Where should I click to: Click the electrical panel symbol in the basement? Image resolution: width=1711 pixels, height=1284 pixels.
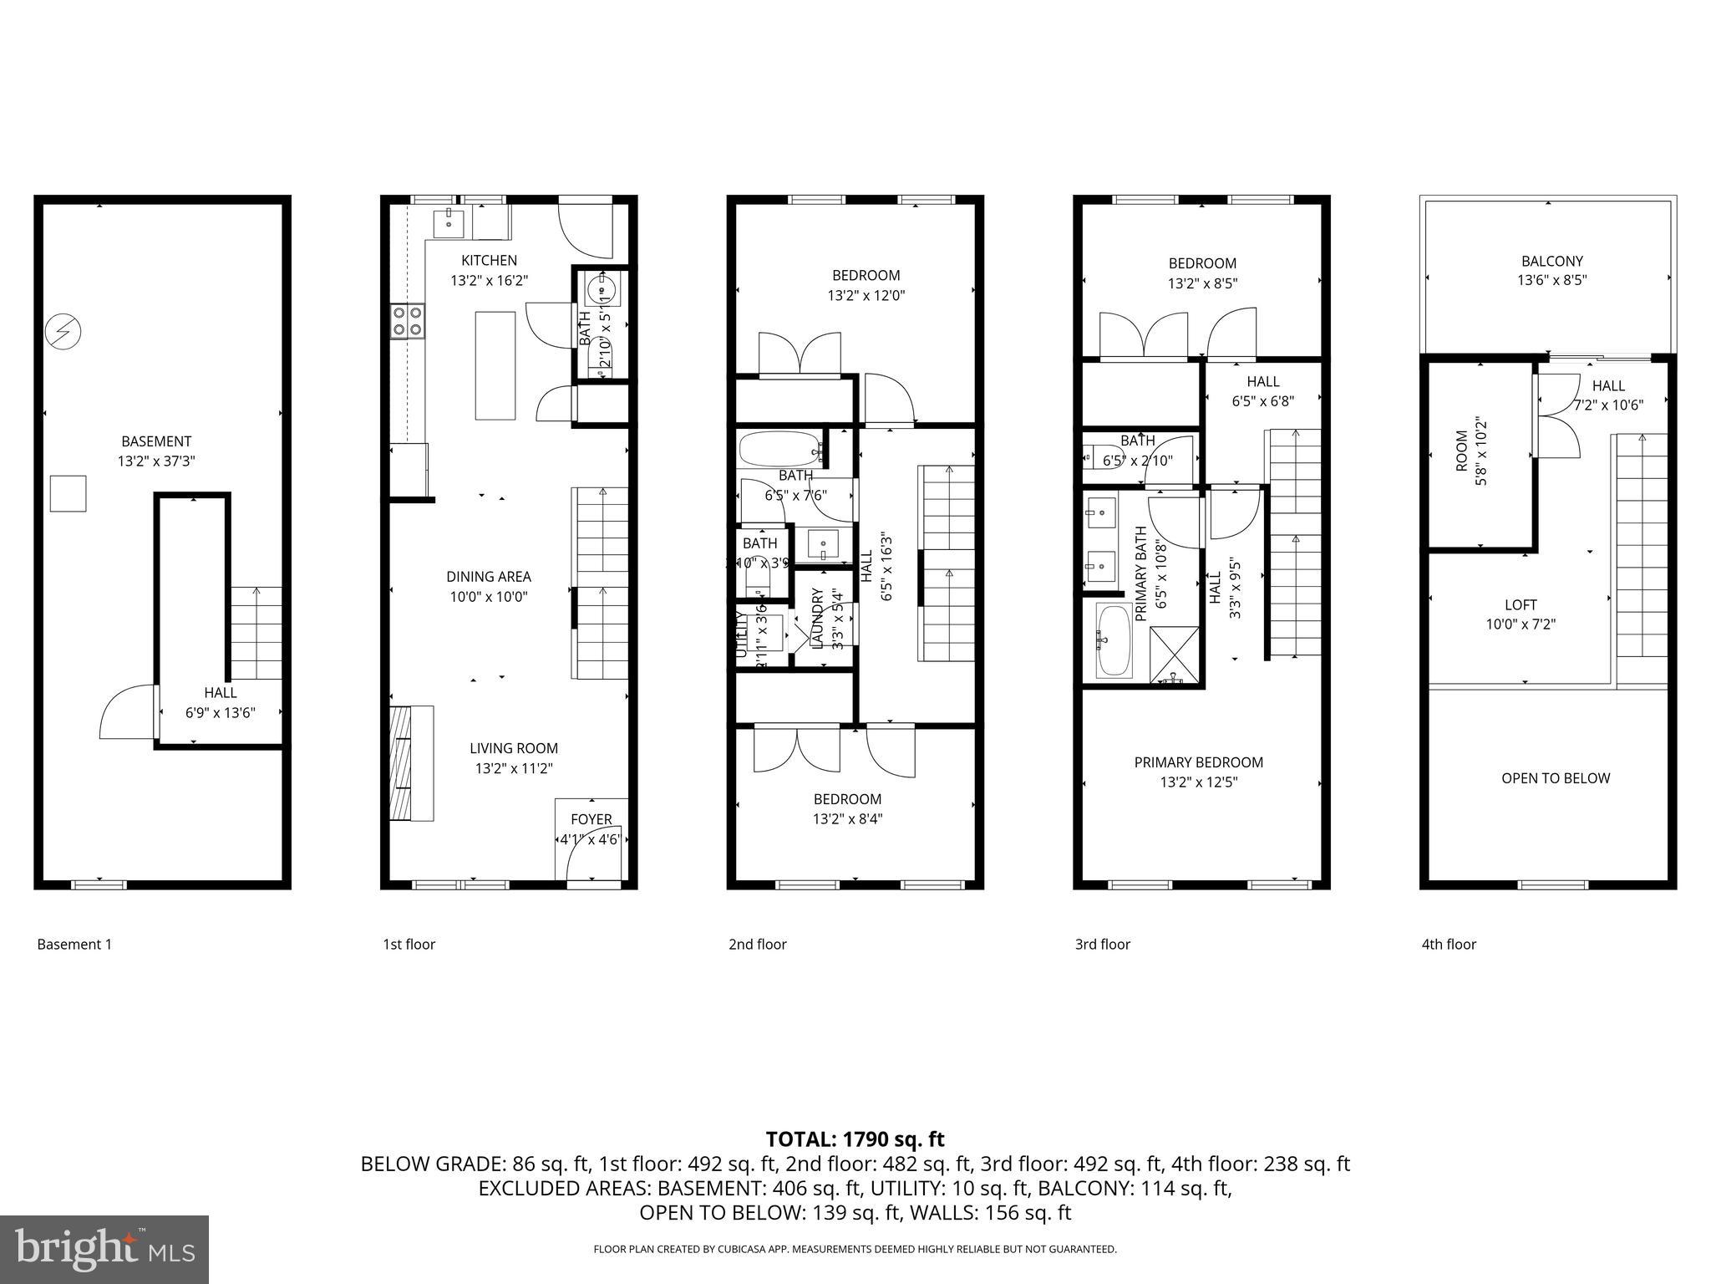coord(63,332)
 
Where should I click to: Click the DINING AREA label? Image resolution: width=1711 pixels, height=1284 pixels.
coord(488,577)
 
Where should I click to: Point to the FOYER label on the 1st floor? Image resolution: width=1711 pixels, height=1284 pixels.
coord(591,819)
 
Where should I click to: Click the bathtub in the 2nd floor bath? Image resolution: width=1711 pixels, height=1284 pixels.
coord(779,449)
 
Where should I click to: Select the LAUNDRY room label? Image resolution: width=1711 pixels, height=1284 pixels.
coord(818,619)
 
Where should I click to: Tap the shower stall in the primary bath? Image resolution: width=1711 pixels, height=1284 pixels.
coord(1175,654)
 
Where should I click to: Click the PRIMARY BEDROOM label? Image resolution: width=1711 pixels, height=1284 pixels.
coord(1198,762)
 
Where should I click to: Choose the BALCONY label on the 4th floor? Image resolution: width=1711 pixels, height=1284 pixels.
coord(1551,261)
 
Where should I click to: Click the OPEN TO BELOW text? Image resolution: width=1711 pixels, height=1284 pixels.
coord(1555,778)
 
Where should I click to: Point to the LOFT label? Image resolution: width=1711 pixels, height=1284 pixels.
coord(1521,604)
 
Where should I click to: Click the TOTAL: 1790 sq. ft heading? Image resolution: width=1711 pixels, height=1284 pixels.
coord(855,1139)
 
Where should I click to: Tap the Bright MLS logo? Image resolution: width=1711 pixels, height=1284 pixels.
coord(104,1249)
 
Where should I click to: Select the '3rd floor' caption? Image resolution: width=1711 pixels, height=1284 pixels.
coord(1102,944)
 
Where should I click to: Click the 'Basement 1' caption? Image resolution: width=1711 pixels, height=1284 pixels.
coord(74,944)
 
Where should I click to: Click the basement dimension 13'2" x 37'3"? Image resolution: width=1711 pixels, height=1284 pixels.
coord(156,461)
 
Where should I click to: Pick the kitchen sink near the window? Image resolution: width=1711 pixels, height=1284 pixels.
coord(449,223)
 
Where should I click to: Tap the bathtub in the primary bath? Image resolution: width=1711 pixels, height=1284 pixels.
coord(1113,641)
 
